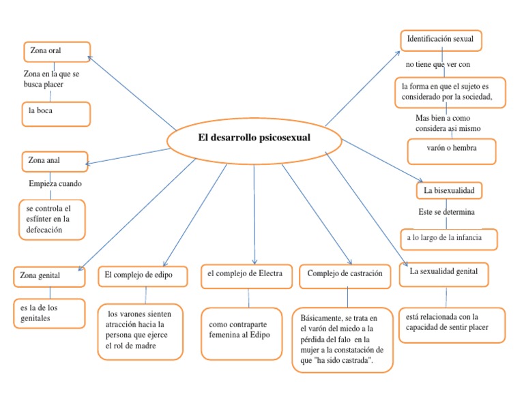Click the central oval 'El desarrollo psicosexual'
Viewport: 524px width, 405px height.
(x=254, y=138)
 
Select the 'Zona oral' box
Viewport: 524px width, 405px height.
(x=56, y=51)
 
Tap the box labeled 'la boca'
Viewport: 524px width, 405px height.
(x=56, y=114)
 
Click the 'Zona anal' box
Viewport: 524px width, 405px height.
(x=55, y=161)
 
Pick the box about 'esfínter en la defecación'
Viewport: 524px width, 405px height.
(x=53, y=219)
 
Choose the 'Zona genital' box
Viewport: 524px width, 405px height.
(x=49, y=276)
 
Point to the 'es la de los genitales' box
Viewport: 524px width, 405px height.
(x=49, y=313)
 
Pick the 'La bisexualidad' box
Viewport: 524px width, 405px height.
(x=454, y=190)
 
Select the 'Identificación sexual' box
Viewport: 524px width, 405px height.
(x=441, y=40)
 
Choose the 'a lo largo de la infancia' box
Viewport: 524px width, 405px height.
(x=448, y=239)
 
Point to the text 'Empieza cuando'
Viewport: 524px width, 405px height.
(x=55, y=184)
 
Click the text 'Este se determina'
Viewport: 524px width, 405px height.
(x=446, y=212)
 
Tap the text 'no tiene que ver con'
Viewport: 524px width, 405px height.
(x=438, y=65)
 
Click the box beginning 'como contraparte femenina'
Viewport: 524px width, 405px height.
(x=242, y=333)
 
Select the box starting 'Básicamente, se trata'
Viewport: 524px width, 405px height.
(x=343, y=339)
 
